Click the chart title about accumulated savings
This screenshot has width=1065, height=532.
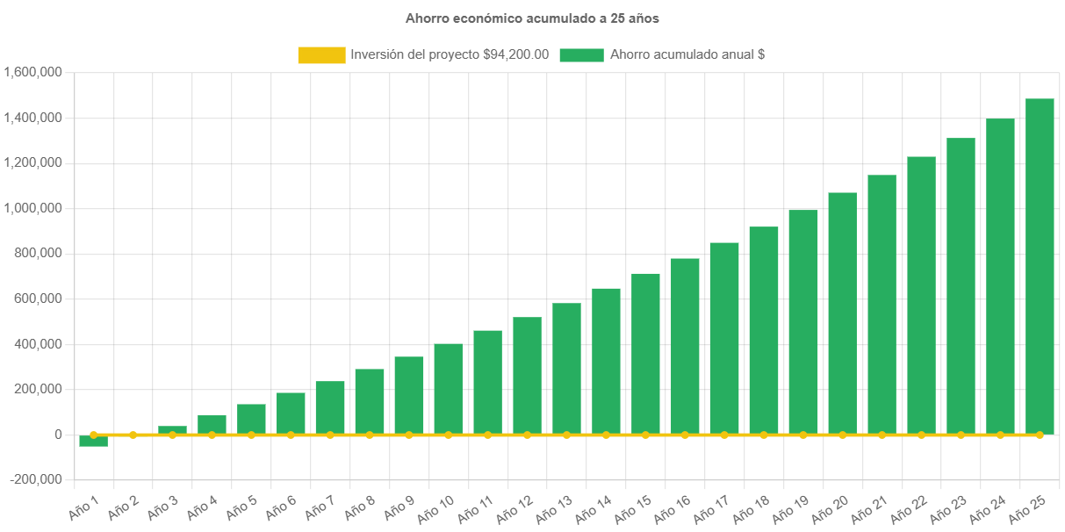pos(532,18)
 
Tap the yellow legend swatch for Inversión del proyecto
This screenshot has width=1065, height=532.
pos(321,55)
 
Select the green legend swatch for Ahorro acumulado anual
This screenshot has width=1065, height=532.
pos(581,55)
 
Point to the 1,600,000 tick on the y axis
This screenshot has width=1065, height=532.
pos(32,72)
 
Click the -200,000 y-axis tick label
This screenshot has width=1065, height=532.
pos(36,479)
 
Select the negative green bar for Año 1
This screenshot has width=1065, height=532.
pos(93,441)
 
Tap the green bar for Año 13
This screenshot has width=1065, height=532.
pos(566,369)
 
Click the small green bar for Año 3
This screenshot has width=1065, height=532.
pos(172,430)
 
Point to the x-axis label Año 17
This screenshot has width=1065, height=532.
pos(712,506)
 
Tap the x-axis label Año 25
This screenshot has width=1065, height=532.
pos(1027,506)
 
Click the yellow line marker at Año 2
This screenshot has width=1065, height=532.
pos(133,435)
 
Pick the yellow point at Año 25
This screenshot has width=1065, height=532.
pos(1040,435)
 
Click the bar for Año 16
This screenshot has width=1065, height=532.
pos(685,346)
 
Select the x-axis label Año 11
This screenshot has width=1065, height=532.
pos(475,506)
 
